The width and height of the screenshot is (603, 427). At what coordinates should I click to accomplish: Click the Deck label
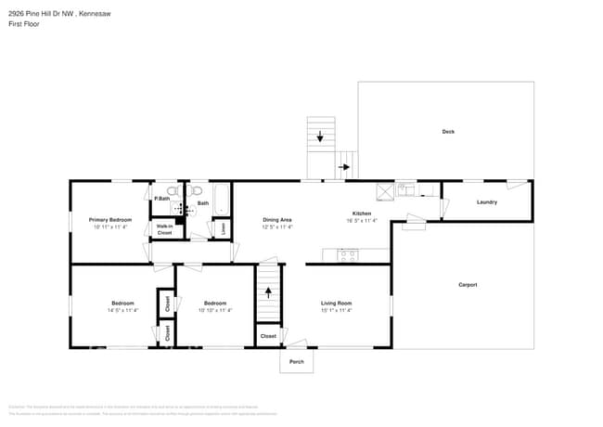click(x=448, y=132)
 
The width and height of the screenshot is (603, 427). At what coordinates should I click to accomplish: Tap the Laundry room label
click(x=487, y=202)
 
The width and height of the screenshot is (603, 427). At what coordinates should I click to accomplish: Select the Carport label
click(x=468, y=285)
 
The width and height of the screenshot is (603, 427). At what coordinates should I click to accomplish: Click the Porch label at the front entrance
click(x=297, y=361)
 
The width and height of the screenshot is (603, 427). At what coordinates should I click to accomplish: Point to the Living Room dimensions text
click(x=336, y=310)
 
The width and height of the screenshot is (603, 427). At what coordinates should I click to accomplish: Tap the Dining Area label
click(x=277, y=220)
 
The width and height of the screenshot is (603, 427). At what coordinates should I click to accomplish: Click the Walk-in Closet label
click(x=164, y=229)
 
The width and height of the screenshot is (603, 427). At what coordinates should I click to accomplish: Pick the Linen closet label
click(x=223, y=226)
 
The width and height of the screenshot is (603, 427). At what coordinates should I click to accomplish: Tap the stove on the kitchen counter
click(x=349, y=253)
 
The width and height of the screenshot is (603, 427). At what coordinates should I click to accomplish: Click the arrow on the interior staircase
click(x=268, y=291)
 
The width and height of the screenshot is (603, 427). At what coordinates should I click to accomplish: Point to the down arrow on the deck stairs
click(x=321, y=137)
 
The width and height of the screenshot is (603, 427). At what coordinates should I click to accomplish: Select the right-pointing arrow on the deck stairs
click(x=346, y=167)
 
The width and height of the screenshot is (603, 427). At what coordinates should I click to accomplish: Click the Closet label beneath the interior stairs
click(x=268, y=336)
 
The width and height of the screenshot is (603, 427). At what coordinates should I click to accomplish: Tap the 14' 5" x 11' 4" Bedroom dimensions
click(x=122, y=310)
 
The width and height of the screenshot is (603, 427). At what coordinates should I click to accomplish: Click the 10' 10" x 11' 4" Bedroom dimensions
click(x=215, y=310)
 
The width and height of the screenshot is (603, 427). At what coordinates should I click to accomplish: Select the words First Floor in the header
click(x=23, y=24)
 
